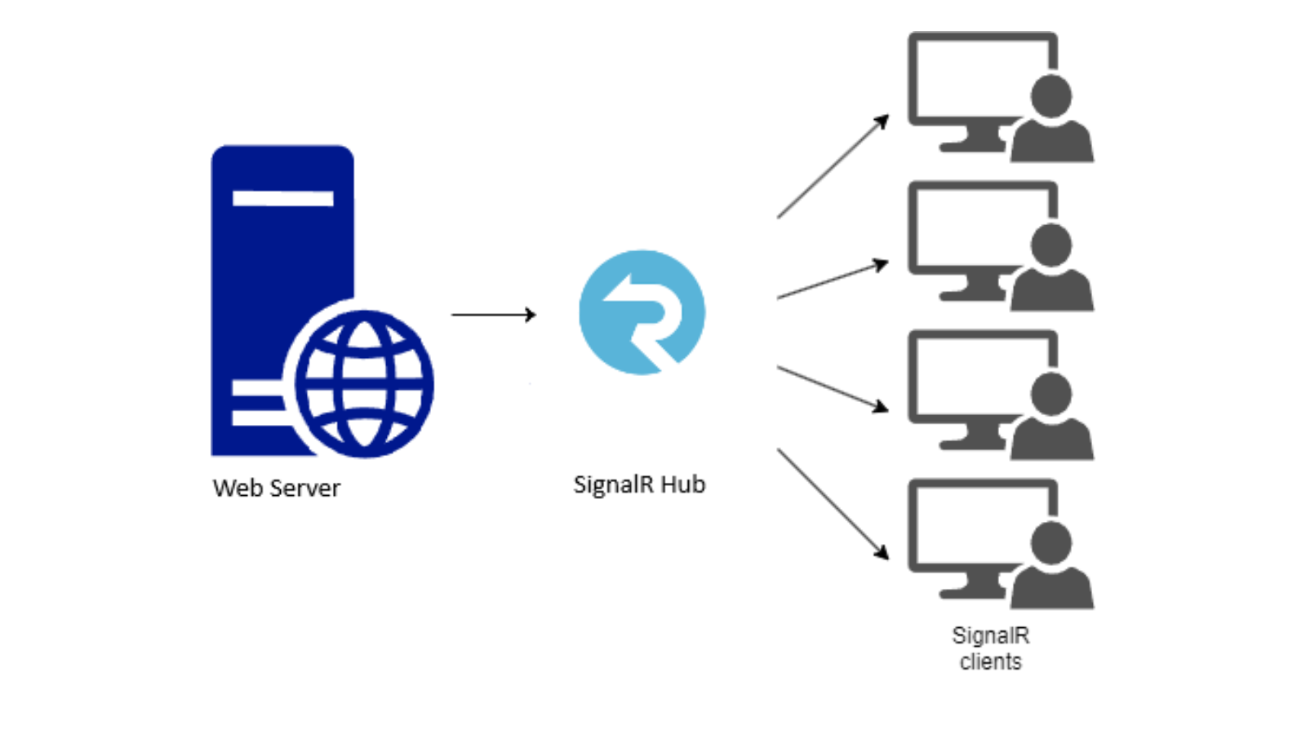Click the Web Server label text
(x=277, y=488)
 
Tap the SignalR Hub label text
(x=639, y=484)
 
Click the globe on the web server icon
(x=364, y=383)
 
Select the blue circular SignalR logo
(x=642, y=312)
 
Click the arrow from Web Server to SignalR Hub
(x=494, y=315)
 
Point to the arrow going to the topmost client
(x=833, y=167)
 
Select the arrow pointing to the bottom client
(x=833, y=503)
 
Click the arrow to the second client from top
(x=833, y=280)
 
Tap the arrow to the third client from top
(x=833, y=389)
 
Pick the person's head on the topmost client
(x=1051, y=96)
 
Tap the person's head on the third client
(x=1051, y=395)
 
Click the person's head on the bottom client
(x=1051, y=543)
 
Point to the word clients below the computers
(x=990, y=661)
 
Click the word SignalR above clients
(x=990, y=635)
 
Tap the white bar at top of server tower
(x=282, y=198)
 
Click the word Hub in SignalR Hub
(x=682, y=484)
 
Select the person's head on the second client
(x=1051, y=245)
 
